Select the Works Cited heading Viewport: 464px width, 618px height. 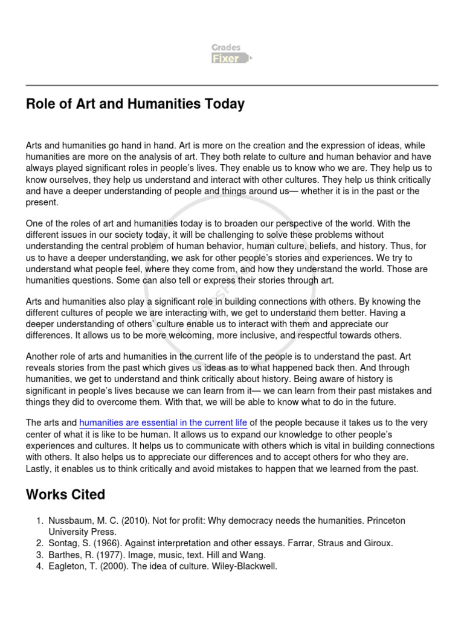(65, 495)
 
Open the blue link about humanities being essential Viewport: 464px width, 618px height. (163, 422)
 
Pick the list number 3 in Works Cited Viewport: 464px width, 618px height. (38, 555)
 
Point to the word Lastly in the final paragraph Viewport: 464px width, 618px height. (40, 468)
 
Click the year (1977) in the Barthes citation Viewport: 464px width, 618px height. (106, 555)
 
